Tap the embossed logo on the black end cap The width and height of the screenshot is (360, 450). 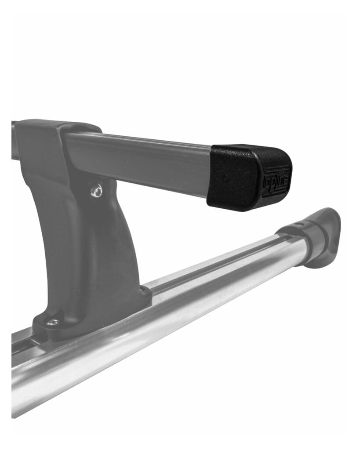pyautogui.click(x=276, y=181)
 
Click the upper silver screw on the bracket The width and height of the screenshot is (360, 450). pyautogui.click(x=96, y=190)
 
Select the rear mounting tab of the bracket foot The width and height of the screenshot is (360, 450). pyautogui.click(x=145, y=292)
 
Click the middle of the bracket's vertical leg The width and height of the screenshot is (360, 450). pyautogui.click(x=88, y=246)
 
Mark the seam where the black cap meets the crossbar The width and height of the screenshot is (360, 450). pyautogui.click(x=210, y=174)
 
